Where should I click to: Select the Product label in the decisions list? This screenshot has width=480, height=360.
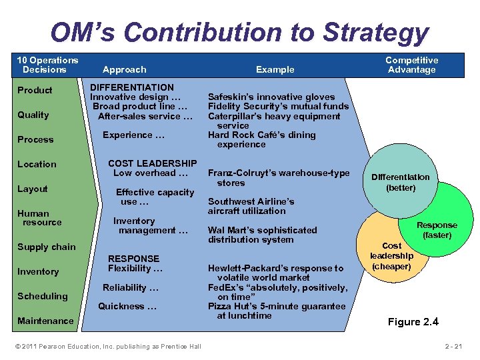click(35, 90)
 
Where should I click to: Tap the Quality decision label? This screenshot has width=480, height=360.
click(33, 115)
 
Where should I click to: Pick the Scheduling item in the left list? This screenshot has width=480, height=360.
click(43, 296)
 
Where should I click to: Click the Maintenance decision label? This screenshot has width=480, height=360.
click(45, 321)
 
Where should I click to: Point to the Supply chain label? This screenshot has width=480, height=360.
click(47, 247)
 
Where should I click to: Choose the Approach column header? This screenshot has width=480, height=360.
click(125, 69)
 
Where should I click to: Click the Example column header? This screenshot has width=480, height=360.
click(275, 69)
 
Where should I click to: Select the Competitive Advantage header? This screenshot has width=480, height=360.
click(411, 65)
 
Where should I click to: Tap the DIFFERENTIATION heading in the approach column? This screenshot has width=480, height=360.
click(132, 87)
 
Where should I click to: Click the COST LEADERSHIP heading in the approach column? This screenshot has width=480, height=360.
click(152, 163)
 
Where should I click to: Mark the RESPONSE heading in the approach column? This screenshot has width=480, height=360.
click(134, 259)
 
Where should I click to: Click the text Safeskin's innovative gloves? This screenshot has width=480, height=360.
click(271, 97)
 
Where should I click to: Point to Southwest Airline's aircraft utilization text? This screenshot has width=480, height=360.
click(251, 206)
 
